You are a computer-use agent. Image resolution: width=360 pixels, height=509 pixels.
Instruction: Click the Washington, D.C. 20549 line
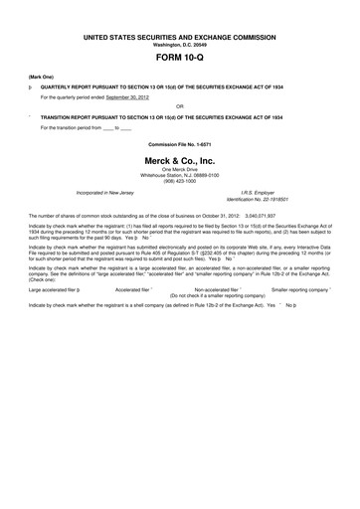click(x=179, y=45)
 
